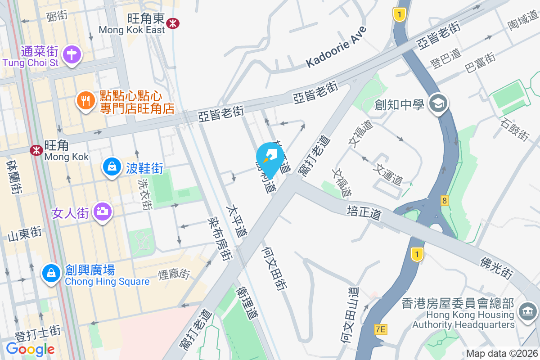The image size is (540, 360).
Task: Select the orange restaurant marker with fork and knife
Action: [x=85, y=100]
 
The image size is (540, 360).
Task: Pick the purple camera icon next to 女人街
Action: [x=103, y=211]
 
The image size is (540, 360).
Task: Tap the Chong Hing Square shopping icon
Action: [x=51, y=273]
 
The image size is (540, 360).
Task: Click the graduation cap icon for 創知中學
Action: [x=437, y=104]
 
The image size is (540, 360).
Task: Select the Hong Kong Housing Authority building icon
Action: [x=527, y=311]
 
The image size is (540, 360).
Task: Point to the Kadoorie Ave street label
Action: [x=337, y=47]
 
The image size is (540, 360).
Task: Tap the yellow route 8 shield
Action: [x=445, y=201]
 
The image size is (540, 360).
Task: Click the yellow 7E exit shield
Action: [x=381, y=330]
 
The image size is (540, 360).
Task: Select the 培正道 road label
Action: [x=364, y=212]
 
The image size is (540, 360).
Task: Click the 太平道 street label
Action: [x=237, y=221]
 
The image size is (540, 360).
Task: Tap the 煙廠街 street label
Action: [x=174, y=274]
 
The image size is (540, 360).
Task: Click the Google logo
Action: [x=30, y=349]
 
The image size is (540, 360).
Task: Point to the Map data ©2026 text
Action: [x=502, y=353]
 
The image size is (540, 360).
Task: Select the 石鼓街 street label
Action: [x=515, y=129]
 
